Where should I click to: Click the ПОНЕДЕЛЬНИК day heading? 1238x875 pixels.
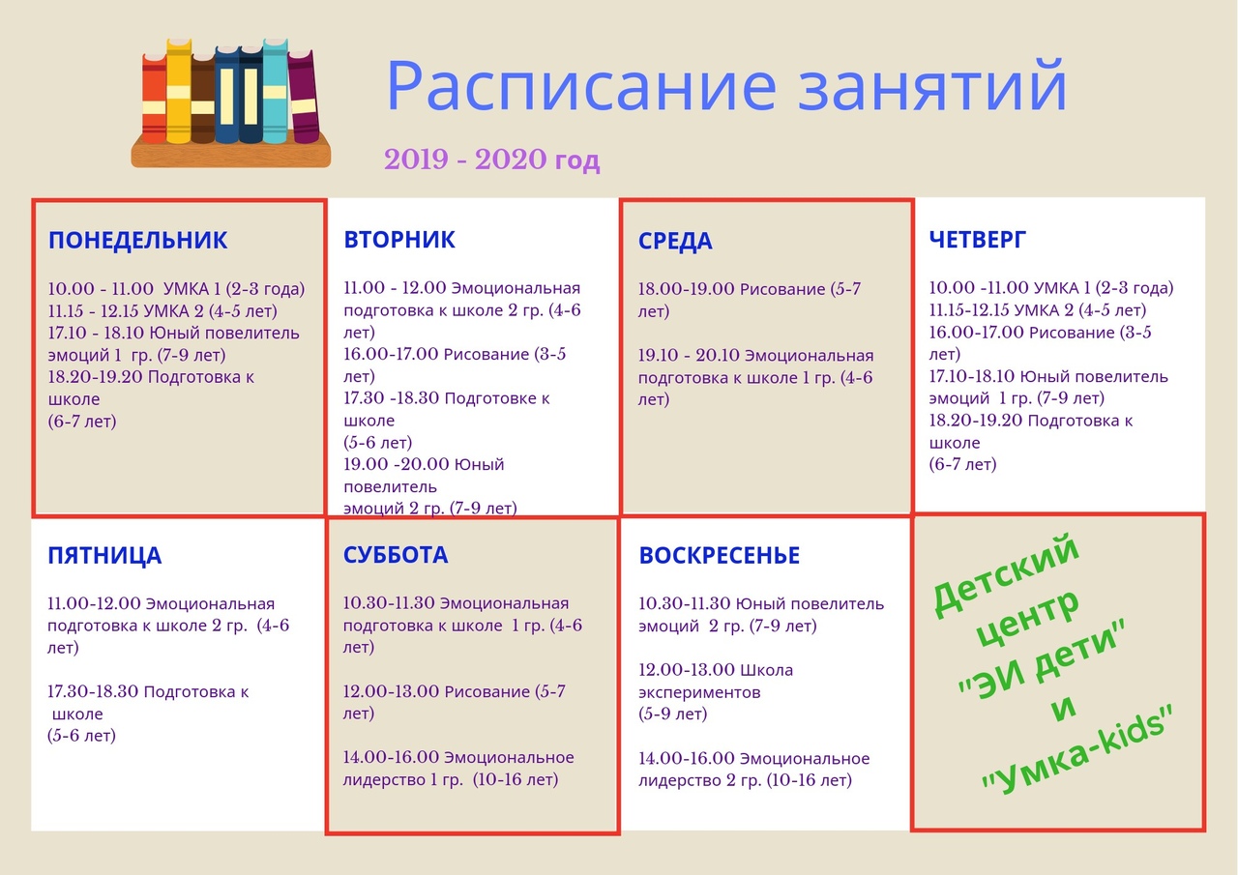[x=137, y=241]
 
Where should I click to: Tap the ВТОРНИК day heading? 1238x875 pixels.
[x=399, y=240]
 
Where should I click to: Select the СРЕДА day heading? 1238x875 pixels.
[x=675, y=241]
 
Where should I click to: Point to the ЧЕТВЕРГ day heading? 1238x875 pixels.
[x=977, y=240]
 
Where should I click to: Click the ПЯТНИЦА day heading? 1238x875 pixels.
[x=104, y=556]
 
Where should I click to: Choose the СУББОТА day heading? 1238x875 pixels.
[x=396, y=555]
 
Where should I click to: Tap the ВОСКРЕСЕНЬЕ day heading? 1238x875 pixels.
[x=719, y=555]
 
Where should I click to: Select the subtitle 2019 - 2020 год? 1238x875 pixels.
[x=492, y=160]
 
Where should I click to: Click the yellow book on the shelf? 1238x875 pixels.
[x=179, y=91]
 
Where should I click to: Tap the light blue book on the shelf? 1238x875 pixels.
[x=276, y=91]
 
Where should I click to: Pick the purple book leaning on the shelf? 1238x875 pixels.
[x=303, y=96]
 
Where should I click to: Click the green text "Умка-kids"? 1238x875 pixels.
[x=1076, y=752]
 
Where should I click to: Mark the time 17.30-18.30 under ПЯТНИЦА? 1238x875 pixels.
[x=93, y=691]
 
